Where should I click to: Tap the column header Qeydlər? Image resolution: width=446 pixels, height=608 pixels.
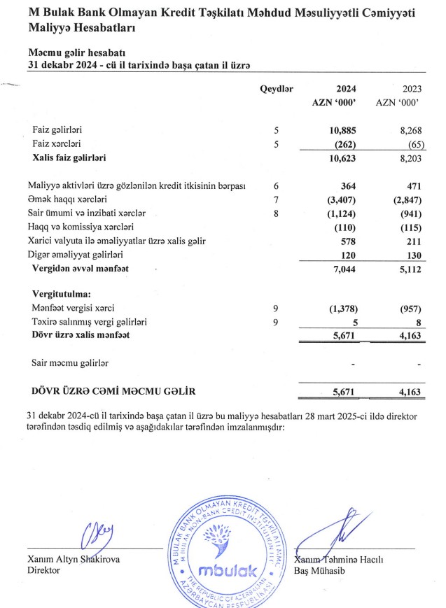point(277,89)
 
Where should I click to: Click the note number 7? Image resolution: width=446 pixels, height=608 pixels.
point(277,199)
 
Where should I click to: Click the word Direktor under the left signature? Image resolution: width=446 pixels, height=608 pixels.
point(43,570)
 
